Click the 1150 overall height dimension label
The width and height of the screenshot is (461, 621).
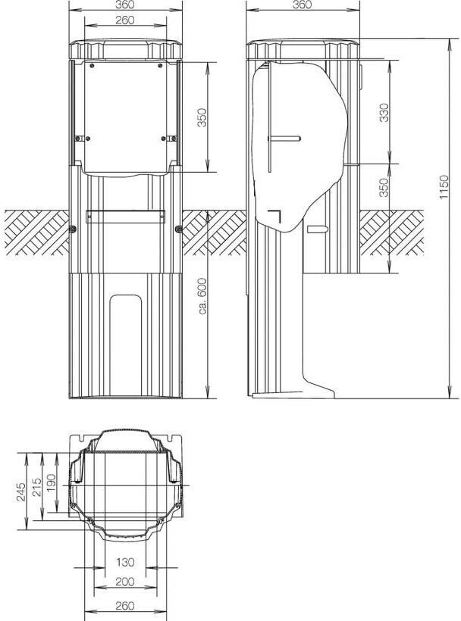pos(444,187)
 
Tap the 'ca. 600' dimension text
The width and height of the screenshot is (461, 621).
pos(202,296)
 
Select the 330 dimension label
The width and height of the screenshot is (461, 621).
pos(384,113)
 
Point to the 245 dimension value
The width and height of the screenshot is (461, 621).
pos(21,491)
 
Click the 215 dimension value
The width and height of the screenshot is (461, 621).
pos(36,487)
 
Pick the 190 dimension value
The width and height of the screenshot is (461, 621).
pos(51,483)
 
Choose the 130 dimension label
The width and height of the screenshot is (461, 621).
pos(125,562)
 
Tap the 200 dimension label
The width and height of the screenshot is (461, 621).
pos(125,582)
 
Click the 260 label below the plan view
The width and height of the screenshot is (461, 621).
pos(125,606)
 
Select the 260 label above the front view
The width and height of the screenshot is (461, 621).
pos(125,20)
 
